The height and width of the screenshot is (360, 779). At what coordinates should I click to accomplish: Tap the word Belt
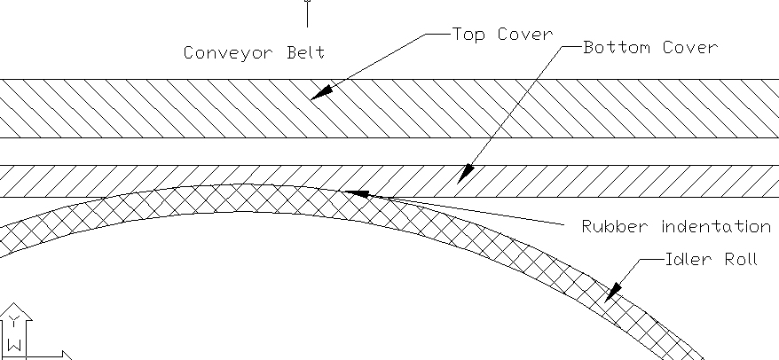tap(303, 52)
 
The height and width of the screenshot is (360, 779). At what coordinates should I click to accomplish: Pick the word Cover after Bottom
tap(690, 47)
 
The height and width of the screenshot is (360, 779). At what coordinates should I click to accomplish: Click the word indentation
tap(716, 227)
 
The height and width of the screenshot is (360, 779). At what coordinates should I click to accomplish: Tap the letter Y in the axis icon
tap(15, 322)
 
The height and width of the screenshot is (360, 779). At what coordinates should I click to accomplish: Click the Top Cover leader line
tap(382, 60)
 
